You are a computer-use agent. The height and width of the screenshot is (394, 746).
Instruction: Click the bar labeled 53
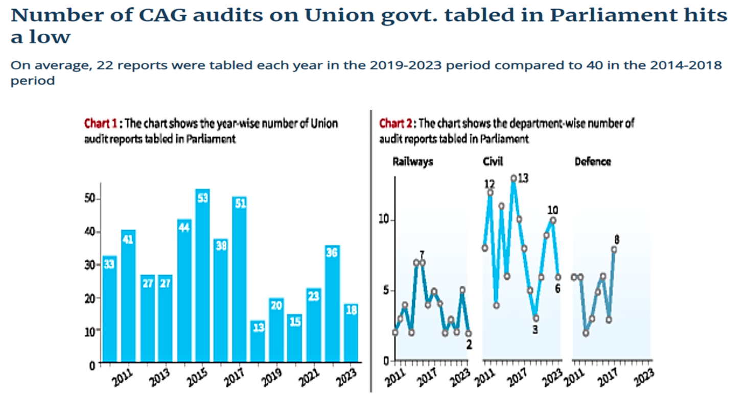(x=202, y=276)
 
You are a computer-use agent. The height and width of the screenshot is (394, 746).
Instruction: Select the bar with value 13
(x=258, y=341)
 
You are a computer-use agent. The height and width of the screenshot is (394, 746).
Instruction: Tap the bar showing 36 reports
(x=332, y=304)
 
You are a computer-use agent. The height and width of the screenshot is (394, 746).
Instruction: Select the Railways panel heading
(x=413, y=162)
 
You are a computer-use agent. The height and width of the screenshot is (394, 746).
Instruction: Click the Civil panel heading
(x=493, y=162)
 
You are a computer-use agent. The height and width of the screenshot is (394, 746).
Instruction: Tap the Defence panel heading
(x=593, y=162)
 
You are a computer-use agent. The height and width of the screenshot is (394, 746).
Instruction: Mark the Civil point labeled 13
(x=514, y=178)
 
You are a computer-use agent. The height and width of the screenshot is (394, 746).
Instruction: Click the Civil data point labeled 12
(x=491, y=192)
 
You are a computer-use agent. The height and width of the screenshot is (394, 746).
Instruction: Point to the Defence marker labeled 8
(x=614, y=250)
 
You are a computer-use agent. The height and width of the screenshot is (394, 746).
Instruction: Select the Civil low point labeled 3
(x=535, y=318)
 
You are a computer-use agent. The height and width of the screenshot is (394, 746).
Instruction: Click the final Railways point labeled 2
(x=469, y=333)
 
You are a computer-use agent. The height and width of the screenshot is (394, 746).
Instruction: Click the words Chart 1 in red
(x=101, y=124)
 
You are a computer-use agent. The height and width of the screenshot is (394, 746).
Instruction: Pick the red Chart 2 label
(x=396, y=124)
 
